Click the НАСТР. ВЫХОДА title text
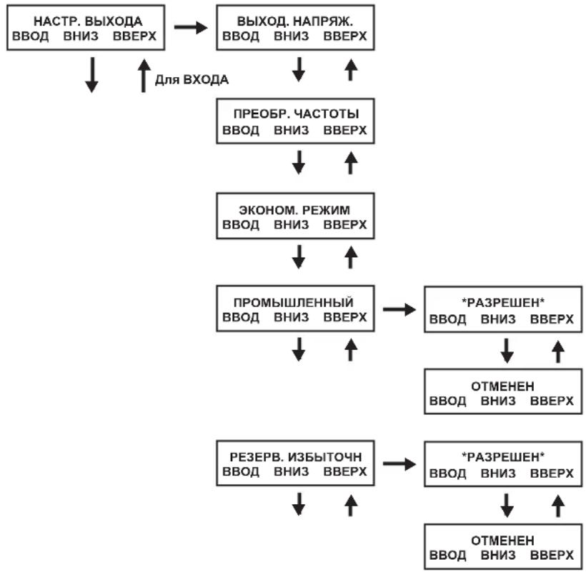click(x=88, y=21)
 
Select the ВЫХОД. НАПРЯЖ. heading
click(x=295, y=21)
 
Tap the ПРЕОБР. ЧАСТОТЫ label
click(x=296, y=114)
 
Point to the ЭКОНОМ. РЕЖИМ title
click(x=294, y=210)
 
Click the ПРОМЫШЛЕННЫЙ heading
click(x=294, y=303)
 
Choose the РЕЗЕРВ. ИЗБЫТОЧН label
click(x=296, y=456)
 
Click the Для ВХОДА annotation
click(x=192, y=79)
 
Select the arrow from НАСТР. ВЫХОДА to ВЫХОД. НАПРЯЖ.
click(x=191, y=27)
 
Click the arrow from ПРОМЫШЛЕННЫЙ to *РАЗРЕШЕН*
click(x=399, y=309)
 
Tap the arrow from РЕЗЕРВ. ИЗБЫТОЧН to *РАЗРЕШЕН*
click(x=399, y=463)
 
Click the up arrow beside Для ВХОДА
click(x=144, y=76)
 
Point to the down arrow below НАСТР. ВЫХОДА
click(x=91, y=75)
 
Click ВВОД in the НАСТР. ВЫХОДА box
click(x=30, y=36)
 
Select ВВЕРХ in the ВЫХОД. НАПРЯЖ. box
click(x=345, y=36)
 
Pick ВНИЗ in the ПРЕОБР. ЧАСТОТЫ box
click(x=291, y=130)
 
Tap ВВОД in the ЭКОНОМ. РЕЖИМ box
click(x=241, y=225)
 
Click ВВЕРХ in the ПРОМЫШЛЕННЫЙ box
click(x=345, y=317)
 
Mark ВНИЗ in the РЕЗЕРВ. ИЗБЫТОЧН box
click(x=291, y=471)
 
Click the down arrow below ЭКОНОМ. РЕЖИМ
click(x=298, y=257)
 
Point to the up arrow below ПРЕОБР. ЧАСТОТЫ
click(x=350, y=162)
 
